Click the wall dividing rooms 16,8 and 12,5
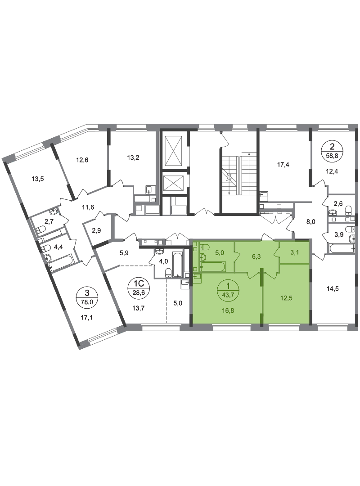pyautogui.click(x=263, y=301)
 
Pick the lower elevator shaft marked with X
pyautogui.click(x=173, y=184)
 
